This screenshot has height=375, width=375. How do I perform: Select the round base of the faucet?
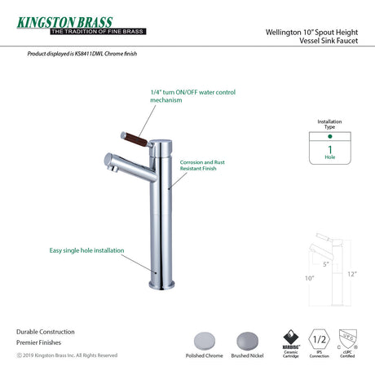tap(161, 285)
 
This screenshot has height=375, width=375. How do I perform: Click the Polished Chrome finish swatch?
tap(202, 341)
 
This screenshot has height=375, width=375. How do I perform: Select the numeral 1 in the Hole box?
tap(329, 148)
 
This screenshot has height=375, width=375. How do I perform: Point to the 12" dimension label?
tap(351, 274)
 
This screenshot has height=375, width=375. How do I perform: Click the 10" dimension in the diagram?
tap(311, 278)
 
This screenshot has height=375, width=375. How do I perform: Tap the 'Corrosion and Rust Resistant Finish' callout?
tap(202, 143)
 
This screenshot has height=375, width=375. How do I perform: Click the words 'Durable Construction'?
tap(45, 332)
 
